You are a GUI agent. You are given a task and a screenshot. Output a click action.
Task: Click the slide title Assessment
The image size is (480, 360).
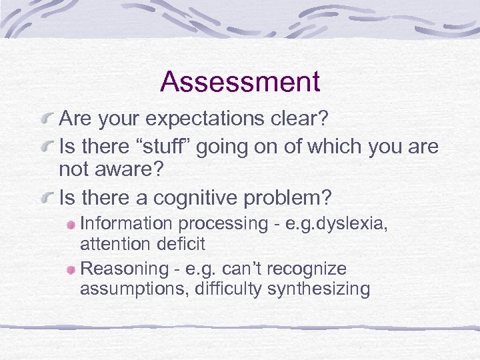click(x=240, y=82)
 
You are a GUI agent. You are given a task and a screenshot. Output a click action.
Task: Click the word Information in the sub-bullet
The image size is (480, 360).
click(x=121, y=223)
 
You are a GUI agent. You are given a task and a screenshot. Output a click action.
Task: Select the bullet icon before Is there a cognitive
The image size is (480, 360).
click(x=47, y=199)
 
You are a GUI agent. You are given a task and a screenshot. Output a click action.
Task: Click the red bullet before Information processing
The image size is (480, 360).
click(x=71, y=224)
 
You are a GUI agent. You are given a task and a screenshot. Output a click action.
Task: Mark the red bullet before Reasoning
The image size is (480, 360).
click(x=71, y=270)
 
